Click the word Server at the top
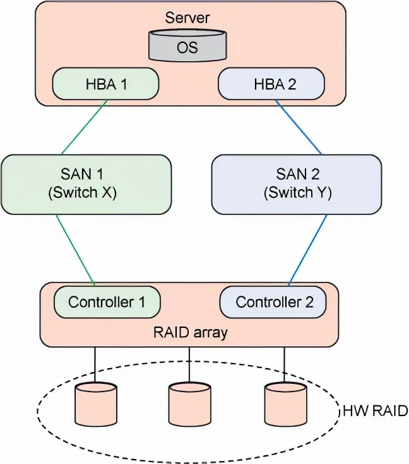[x=187, y=17]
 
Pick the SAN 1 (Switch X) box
[x=86, y=183]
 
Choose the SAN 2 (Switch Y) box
[x=297, y=183]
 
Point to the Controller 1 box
[x=107, y=302]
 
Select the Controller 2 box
[x=273, y=302]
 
